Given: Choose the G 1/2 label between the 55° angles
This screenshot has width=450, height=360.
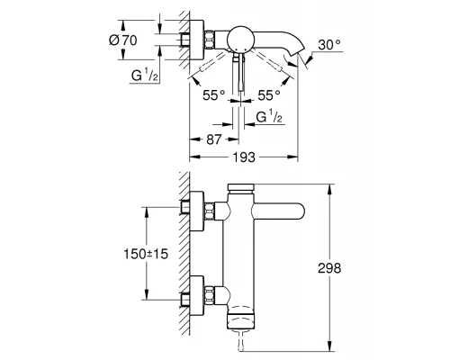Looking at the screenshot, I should (x=267, y=116).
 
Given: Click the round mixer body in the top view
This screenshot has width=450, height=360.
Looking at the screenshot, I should (x=240, y=39).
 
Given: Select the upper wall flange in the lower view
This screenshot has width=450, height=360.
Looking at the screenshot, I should (x=193, y=211).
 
